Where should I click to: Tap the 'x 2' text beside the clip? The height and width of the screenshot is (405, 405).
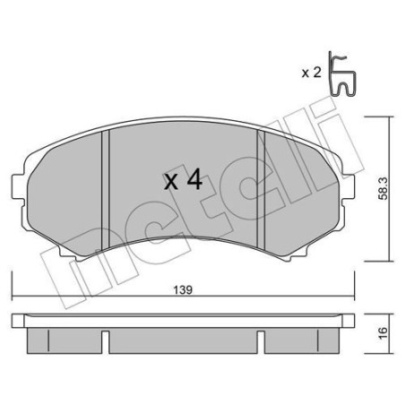[x=311, y=72]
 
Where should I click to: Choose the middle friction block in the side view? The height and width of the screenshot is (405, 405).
[x=184, y=339]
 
